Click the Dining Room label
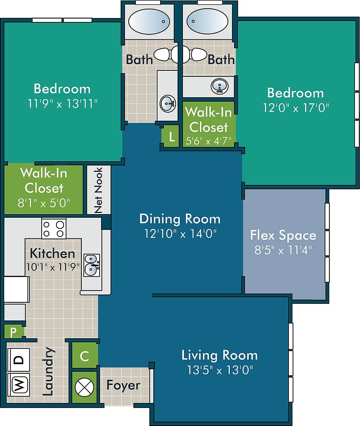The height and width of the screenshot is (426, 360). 180,219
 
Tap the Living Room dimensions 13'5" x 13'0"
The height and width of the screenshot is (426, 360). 220,369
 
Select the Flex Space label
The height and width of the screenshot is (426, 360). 283,235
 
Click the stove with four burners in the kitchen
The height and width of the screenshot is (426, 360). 54,229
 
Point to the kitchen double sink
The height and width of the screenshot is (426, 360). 92,265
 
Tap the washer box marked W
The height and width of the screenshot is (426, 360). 18,385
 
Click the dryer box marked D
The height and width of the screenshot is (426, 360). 18,359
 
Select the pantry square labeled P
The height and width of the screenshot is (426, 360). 14,332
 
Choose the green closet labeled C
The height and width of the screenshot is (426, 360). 85,356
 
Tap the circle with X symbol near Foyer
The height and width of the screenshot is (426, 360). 84,387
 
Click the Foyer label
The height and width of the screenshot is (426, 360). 123,385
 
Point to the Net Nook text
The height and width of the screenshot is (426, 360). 98,190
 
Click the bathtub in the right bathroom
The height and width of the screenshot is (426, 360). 207,22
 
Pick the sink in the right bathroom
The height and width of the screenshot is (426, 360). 219,86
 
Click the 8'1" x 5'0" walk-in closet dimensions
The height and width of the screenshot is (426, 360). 44,203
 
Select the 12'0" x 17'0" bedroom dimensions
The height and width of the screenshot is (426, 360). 296,108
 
